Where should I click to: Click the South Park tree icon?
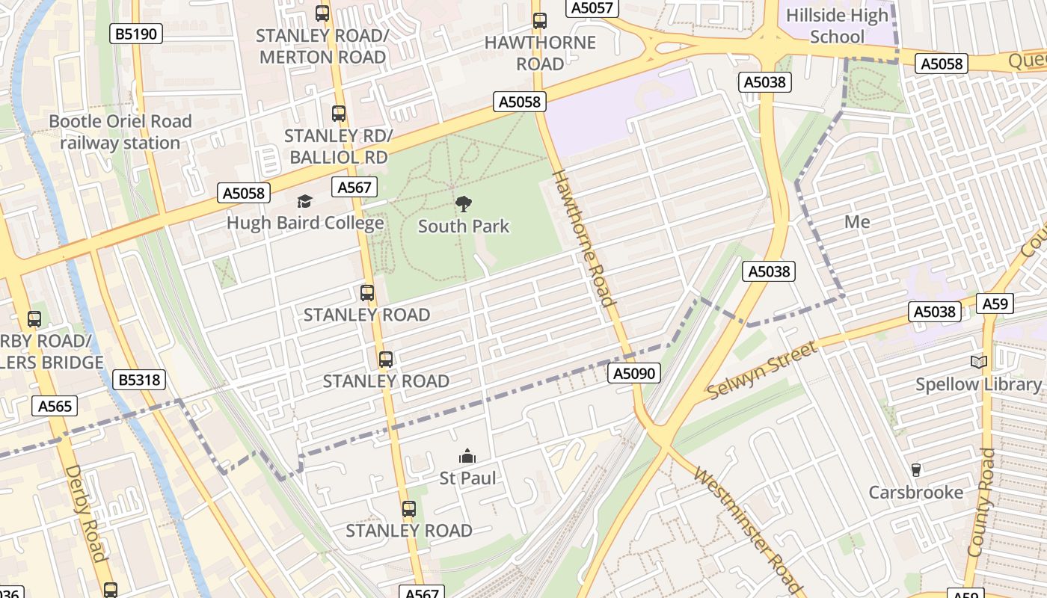pos(464,203)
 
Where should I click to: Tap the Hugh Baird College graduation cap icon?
pos(304,201)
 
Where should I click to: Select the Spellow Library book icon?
pos(978,363)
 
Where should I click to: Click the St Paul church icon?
pos(467,456)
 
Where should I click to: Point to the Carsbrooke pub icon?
pos(915,470)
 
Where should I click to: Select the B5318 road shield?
pos(140,380)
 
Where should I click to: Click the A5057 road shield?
pos(592,8)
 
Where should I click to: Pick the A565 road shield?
pos(55,406)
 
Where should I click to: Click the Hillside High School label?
pos(837,26)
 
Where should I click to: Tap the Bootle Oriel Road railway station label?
pos(120,132)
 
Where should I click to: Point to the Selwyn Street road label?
pos(761,371)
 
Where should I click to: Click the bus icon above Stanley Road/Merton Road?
pos(322,13)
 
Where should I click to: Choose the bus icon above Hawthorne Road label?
pos(539,21)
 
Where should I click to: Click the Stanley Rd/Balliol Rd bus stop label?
pos(339,147)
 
